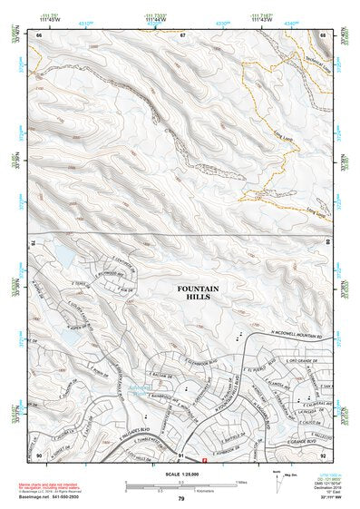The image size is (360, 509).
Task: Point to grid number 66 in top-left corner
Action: tap(39, 34)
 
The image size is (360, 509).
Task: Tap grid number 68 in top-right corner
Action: tap(323, 34)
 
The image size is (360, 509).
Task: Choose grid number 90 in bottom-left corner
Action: tap(39, 455)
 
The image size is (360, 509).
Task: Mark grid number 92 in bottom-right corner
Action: tap(323, 455)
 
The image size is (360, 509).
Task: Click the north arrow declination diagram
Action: tap(278, 479)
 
